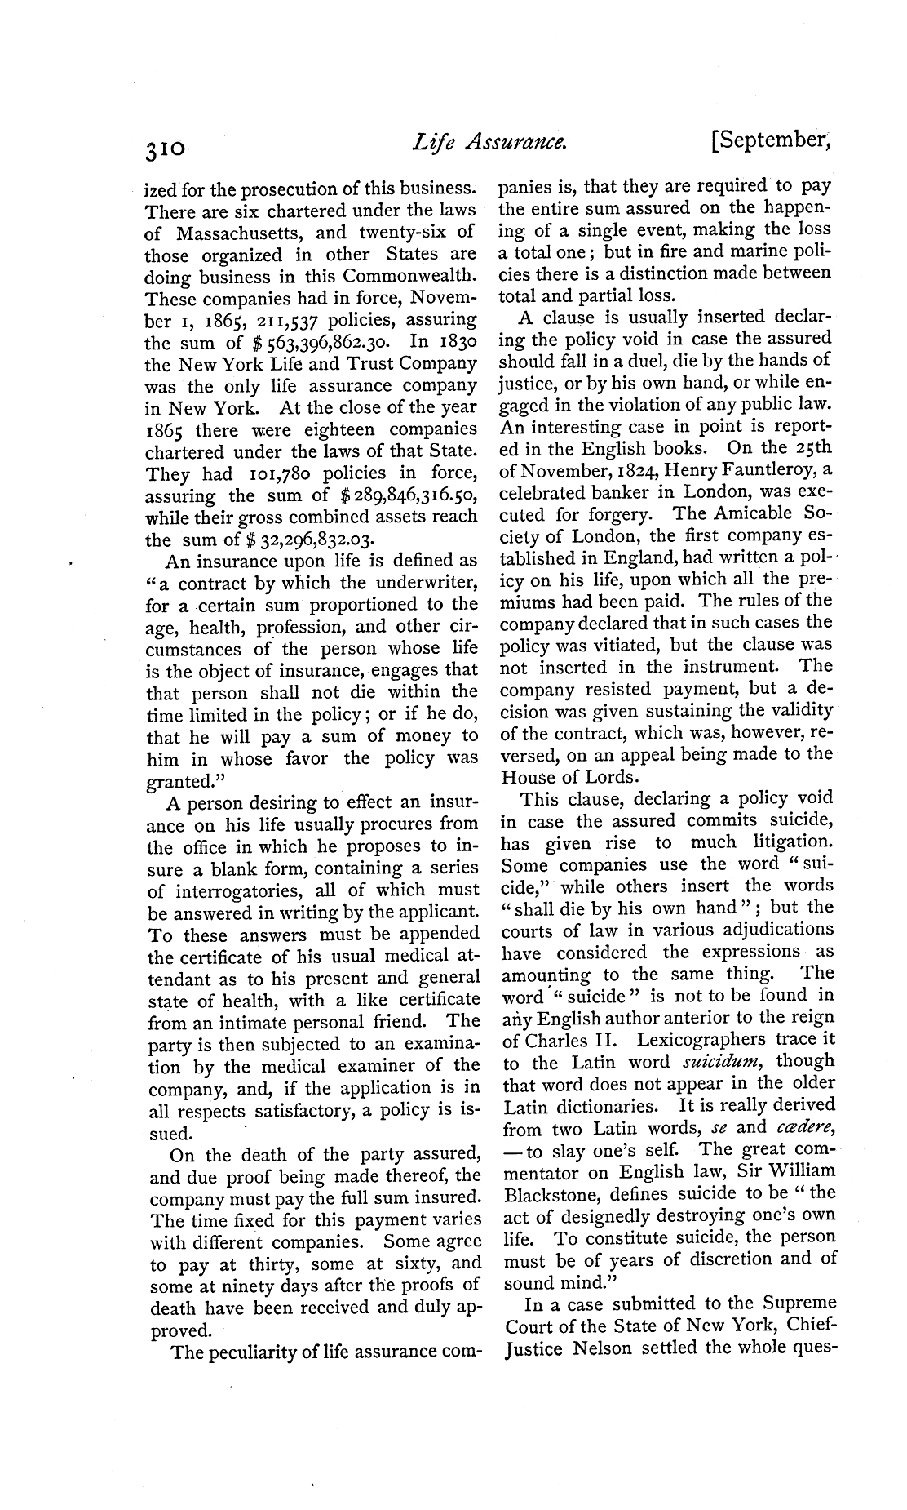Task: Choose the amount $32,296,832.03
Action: pyautogui.click(x=294, y=540)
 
